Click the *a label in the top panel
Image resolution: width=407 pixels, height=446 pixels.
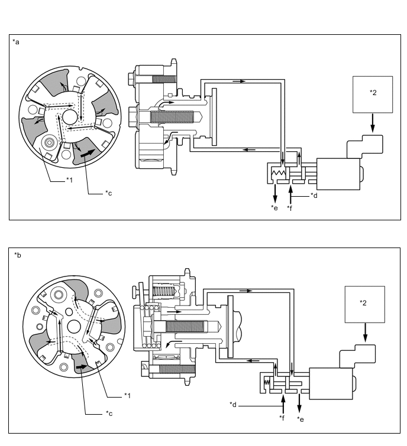(15, 42)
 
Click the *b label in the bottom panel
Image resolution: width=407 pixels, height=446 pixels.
(18, 255)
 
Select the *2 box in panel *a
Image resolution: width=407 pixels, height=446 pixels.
(372, 94)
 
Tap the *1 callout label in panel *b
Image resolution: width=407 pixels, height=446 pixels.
(127, 395)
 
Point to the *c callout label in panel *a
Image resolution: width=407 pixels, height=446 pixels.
(108, 193)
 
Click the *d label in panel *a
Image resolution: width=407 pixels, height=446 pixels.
(314, 196)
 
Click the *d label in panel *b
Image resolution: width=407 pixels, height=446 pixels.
(233, 405)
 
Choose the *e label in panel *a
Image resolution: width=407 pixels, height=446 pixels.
(274, 208)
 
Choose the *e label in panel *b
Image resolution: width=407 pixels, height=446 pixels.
(301, 418)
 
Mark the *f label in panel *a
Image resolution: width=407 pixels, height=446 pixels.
(290, 208)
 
